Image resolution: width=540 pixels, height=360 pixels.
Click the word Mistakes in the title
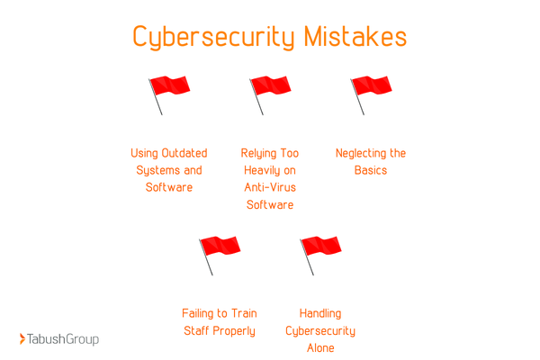(355, 38)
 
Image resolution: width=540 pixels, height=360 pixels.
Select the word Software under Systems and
(169, 187)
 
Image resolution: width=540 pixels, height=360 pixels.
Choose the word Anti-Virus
(270, 187)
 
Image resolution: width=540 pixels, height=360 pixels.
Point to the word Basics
(371, 170)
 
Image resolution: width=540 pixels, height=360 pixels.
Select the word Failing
(201, 313)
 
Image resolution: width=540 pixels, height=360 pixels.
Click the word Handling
(320, 313)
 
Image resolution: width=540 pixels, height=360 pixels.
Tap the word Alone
(320, 347)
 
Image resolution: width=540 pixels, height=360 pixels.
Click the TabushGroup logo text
(64, 339)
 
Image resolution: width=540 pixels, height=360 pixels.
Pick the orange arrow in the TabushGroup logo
(22, 339)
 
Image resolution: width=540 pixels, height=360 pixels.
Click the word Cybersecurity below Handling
(320, 330)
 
